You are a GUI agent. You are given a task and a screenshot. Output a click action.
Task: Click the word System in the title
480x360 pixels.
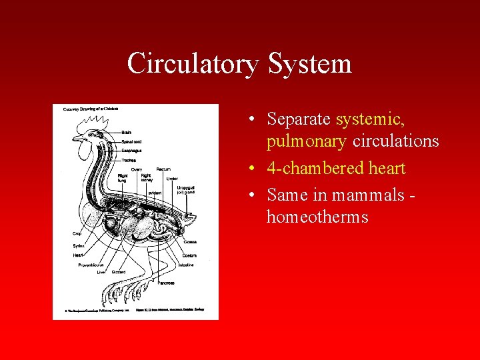(309, 64)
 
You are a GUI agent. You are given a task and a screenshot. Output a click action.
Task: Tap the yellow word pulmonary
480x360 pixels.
(307, 141)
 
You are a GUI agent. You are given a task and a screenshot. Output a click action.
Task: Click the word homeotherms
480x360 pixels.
(317, 217)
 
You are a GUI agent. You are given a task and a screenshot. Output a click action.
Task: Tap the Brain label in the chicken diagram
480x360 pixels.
(126, 133)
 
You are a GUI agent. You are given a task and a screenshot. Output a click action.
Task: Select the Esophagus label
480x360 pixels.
(131, 151)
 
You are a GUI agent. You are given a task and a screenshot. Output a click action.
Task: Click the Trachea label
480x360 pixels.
(129, 160)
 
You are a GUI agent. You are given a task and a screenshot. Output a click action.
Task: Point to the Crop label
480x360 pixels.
(77, 234)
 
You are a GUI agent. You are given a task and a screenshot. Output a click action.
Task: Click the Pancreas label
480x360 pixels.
(167, 283)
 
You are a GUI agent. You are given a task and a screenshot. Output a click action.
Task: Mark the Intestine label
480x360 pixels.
(186, 265)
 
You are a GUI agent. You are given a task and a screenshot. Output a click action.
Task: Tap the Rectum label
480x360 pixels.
(163, 169)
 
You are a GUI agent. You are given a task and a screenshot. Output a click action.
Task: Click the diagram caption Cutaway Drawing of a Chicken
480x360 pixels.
(91, 109)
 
